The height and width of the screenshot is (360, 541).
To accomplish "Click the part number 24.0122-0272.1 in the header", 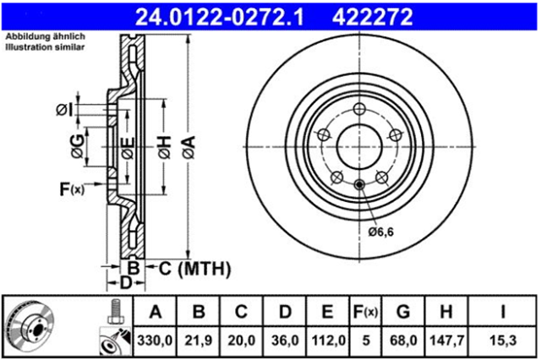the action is pos(220,17).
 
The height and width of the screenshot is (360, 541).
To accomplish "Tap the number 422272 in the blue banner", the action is pos(372,17).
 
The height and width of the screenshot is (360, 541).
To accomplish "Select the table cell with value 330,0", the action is pos(155,341).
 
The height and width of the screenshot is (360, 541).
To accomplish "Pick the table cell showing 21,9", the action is pos(198,341).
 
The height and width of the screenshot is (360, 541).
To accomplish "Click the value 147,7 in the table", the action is pos(446,341).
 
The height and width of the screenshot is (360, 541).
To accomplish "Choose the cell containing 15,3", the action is pos(503,341).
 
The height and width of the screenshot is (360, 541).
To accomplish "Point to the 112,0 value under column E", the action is pos(328,341).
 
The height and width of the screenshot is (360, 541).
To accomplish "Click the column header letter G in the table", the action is pos(403,312).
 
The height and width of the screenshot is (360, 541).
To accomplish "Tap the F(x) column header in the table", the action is pos(365,312).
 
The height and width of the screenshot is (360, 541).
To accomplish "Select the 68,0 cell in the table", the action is pos(403,341).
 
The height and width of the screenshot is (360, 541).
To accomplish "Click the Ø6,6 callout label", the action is pos(380,232).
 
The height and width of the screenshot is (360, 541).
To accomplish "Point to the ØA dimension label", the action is pos(189,147).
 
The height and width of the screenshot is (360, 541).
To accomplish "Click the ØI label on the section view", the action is pos(65,110).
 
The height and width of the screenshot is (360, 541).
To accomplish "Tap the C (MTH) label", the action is pos(194,269).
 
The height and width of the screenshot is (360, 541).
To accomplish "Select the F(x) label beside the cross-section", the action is pos(72,189).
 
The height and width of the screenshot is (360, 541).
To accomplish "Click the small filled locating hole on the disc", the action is pos(359,184).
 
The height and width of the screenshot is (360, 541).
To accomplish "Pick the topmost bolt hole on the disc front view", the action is pos(359,109).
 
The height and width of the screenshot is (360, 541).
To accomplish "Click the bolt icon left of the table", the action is pos(115,311).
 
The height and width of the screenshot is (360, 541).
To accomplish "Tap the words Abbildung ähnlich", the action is pos(45,36).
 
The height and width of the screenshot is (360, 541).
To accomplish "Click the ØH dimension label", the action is pos(165,147).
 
